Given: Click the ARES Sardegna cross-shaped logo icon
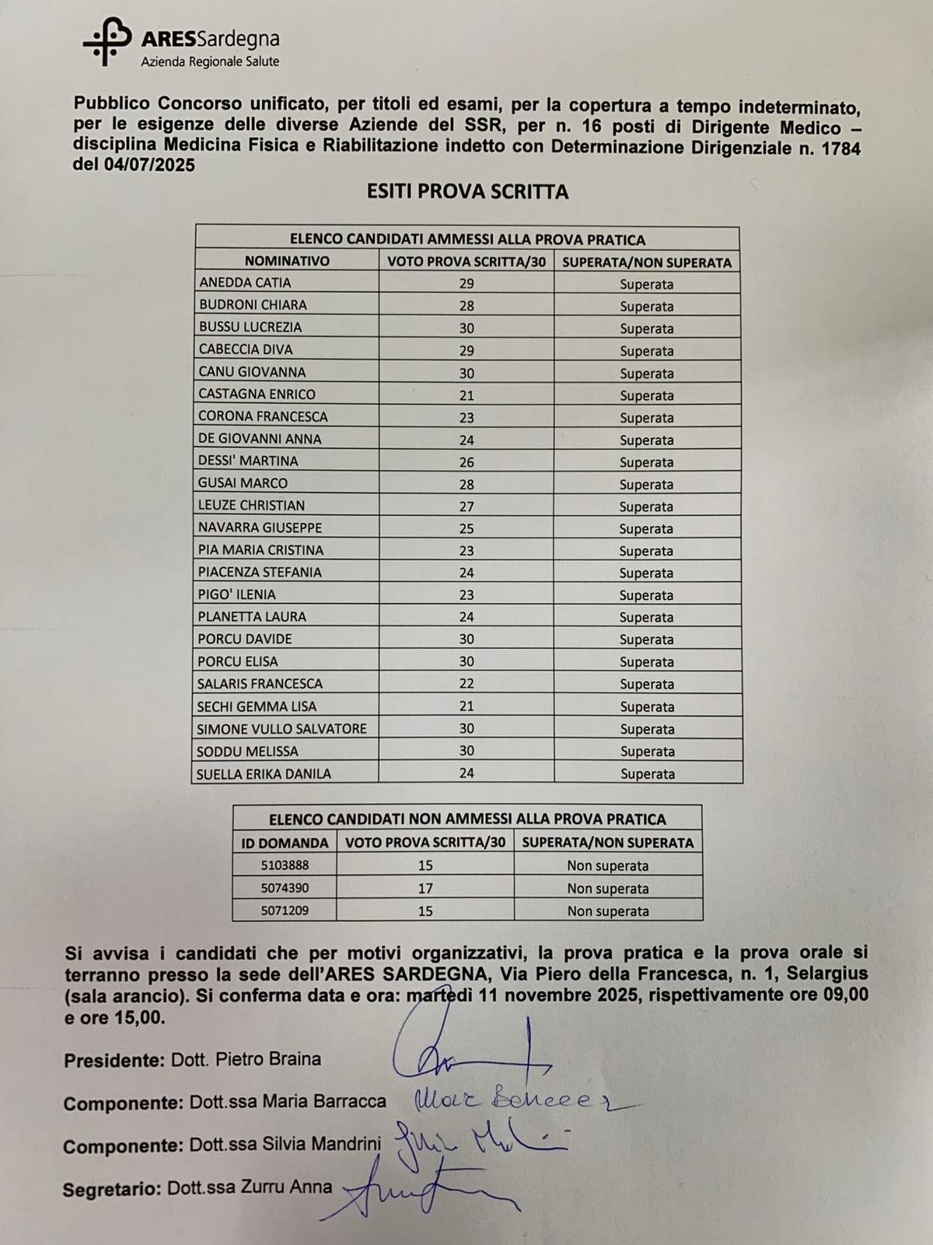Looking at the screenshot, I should click(107, 41).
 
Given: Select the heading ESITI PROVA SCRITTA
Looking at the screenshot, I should click(467, 192).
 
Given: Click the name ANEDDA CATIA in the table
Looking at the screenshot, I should click(245, 282).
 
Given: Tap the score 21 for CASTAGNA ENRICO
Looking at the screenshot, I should click(466, 395).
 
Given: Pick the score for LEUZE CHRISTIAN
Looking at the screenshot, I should click(466, 507).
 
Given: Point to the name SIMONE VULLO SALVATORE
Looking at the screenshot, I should click(281, 729).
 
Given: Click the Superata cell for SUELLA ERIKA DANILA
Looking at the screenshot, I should click(647, 774).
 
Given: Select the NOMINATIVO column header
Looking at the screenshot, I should click(287, 261).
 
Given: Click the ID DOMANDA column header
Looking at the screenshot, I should click(285, 843).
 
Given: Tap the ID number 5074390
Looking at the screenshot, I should click(285, 888).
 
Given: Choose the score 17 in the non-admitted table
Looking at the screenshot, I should click(425, 888).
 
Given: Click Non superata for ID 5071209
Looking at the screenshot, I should click(607, 911).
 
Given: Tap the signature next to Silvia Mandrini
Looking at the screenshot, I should click(474, 1140).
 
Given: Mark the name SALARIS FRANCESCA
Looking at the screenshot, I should click(260, 684).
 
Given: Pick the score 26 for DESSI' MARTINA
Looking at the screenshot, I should click(466, 462).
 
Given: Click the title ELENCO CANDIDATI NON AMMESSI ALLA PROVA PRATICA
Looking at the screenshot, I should click(467, 819).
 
